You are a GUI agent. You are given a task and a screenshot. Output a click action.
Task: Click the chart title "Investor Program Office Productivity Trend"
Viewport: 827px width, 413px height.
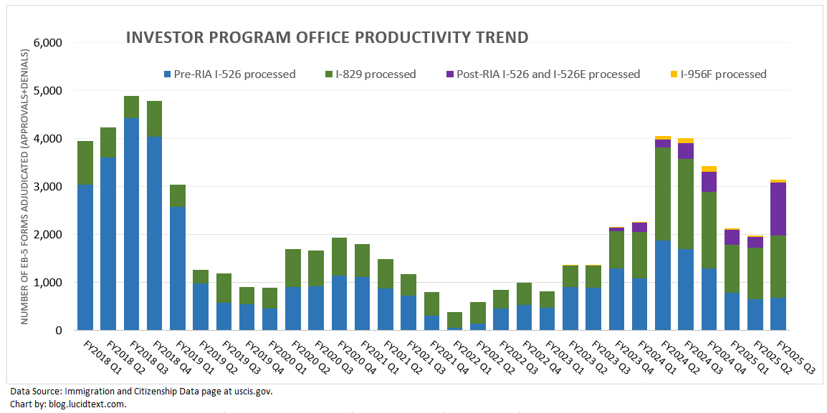click(x=327, y=38)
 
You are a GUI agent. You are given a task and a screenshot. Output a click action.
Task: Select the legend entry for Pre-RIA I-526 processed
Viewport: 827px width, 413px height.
click(x=229, y=74)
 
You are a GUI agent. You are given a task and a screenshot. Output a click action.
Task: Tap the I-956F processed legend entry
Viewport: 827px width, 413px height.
click(x=723, y=74)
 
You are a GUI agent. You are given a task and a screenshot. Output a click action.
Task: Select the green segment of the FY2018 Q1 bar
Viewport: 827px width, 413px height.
click(x=85, y=162)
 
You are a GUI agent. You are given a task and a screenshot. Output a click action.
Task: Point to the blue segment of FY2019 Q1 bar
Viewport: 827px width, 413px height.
click(x=178, y=268)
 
